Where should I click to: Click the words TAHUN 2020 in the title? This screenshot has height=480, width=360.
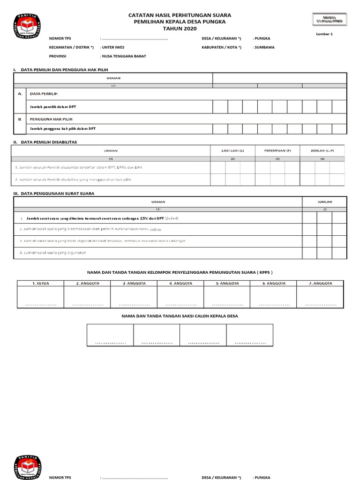point(180,29)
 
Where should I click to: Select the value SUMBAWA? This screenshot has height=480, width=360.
point(264,47)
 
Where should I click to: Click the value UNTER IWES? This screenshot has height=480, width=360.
point(113,47)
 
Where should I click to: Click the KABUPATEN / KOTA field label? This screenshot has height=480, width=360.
point(221,47)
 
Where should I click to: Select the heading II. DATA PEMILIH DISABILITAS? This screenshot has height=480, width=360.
point(45,142)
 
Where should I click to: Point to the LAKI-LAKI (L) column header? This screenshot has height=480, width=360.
point(233,150)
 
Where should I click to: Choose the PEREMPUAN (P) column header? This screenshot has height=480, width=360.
point(277,150)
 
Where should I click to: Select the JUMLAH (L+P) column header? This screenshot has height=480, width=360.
point(322,150)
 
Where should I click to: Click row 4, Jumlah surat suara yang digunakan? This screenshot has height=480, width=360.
point(53,253)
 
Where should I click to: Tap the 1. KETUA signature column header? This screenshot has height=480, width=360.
point(40,284)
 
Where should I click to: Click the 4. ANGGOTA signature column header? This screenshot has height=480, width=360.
point(180,284)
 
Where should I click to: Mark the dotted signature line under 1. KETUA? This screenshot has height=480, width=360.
point(40,305)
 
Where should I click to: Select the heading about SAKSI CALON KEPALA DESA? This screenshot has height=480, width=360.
point(180,316)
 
